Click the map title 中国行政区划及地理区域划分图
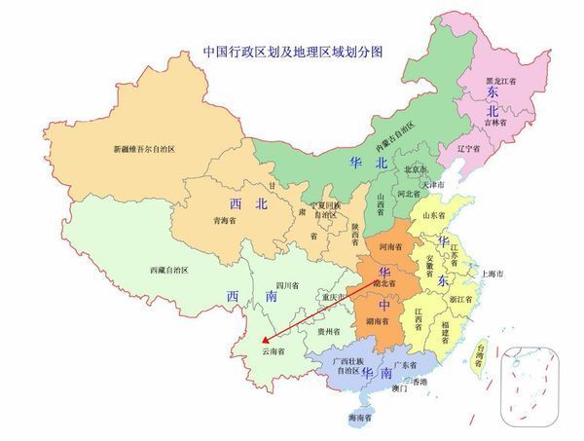[x=292, y=50]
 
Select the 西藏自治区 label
[x=175, y=269]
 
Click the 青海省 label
[x=225, y=220]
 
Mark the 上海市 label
[x=493, y=276]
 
